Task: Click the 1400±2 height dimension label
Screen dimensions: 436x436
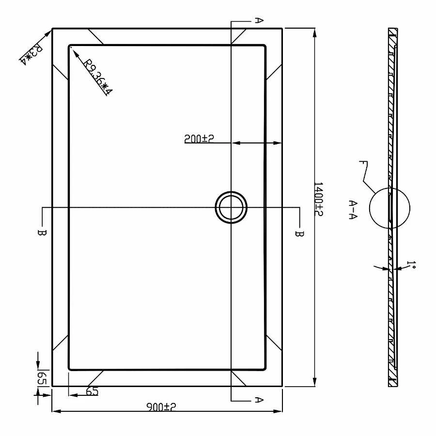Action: [318, 199]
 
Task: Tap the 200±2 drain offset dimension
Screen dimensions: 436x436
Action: [199, 139]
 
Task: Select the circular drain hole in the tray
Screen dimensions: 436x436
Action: [231, 207]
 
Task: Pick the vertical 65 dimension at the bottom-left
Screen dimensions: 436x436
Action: [42, 377]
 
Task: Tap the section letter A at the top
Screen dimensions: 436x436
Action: [259, 20]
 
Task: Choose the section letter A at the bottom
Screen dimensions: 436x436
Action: [259, 400]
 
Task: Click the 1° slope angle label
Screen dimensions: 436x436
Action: [411, 264]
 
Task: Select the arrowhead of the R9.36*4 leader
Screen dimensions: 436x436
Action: [73, 50]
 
